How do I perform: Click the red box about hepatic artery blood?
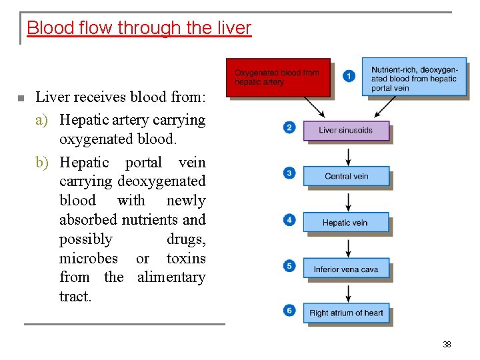(278, 77)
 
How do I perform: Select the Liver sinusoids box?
(345, 131)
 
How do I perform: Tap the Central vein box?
(346, 177)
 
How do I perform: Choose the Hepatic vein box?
(345, 223)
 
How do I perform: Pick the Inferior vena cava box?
(345, 269)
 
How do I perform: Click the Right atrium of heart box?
(346, 313)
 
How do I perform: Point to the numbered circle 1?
(349, 76)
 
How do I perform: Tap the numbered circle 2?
(289, 127)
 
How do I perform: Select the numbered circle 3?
(289, 173)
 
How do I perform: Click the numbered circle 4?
(289, 219)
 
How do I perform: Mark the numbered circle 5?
(289, 266)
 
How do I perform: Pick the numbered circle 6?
(289, 310)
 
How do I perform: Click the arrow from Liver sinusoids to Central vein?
(347, 155)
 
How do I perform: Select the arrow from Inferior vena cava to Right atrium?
(347, 292)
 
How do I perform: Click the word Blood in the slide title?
(47, 28)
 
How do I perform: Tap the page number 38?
(447, 345)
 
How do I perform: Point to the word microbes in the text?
(89, 258)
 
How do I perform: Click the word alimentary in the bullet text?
(171, 277)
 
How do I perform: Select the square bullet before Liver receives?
(21, 99)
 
